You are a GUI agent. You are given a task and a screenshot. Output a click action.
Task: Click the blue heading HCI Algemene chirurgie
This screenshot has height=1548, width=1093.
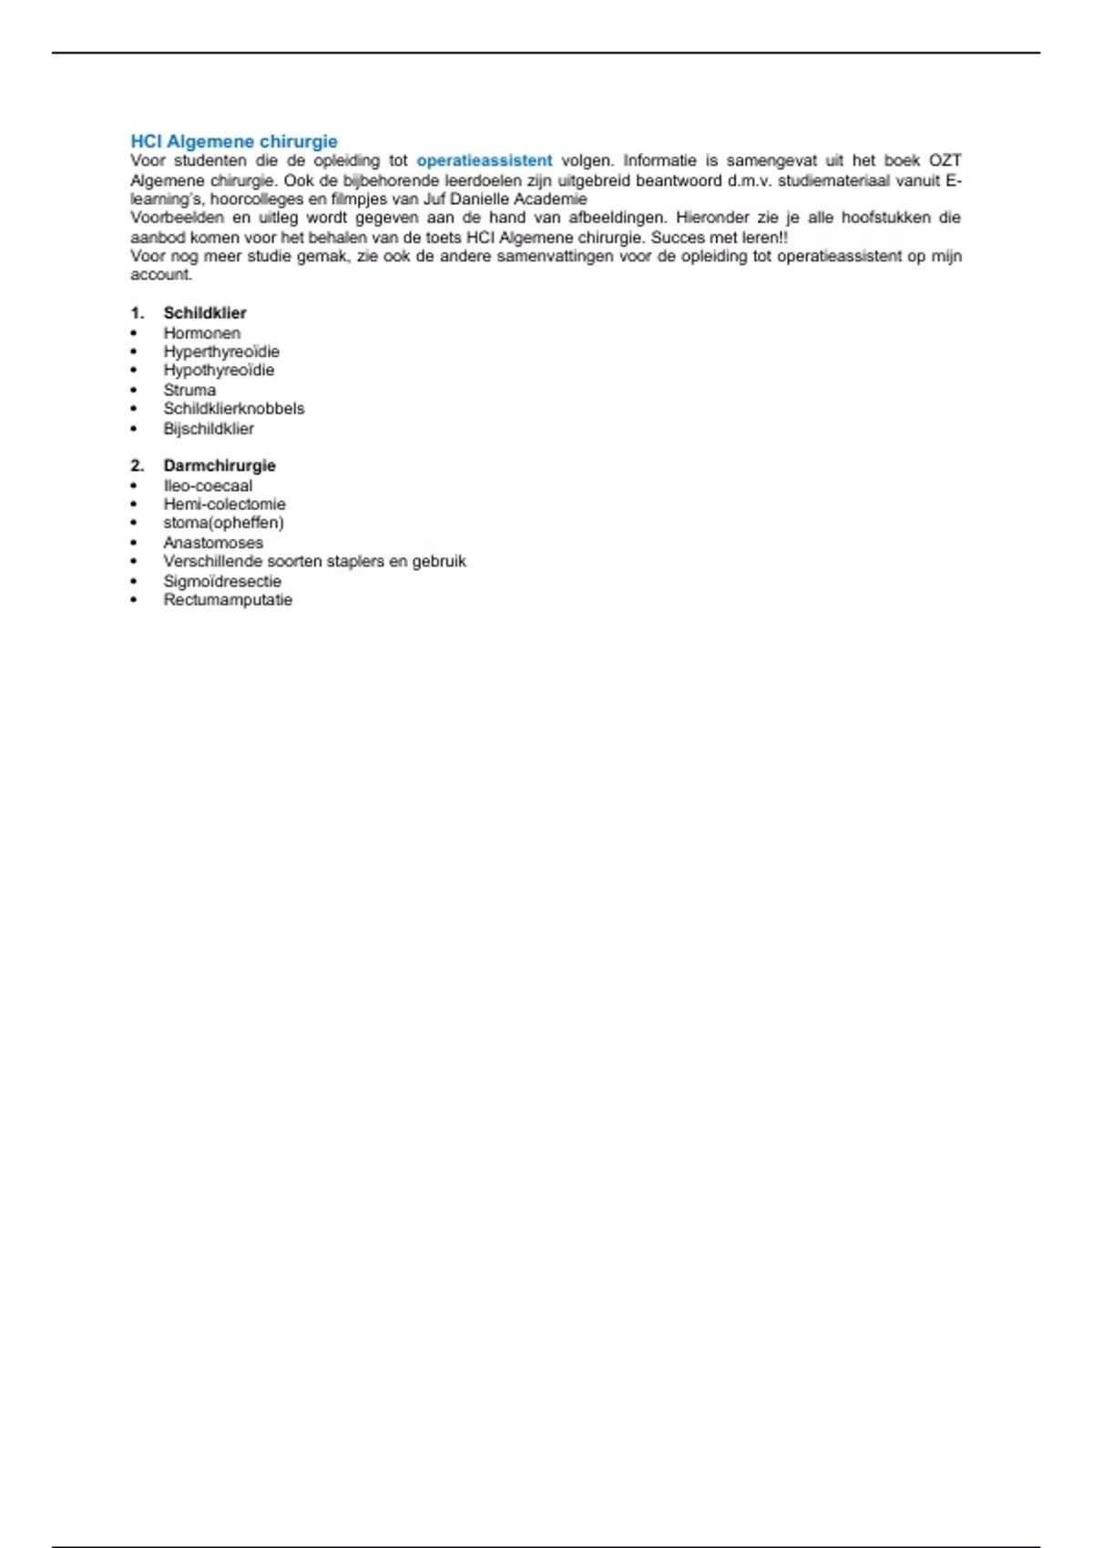coord(234,141)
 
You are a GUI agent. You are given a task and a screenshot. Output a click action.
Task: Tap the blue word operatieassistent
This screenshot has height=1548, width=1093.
coord(485,160)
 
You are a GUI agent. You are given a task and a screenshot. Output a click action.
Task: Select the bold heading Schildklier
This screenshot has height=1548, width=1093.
coord(205,312)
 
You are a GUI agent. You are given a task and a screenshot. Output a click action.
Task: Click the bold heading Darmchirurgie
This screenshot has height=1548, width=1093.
coord(220,465)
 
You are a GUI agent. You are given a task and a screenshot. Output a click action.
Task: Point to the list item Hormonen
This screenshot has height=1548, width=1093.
coord(202,332)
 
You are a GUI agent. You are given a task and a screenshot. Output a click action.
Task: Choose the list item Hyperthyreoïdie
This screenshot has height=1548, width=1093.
coord(221,351)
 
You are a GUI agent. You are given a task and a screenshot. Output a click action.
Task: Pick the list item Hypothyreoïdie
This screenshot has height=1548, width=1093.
coord(219,370)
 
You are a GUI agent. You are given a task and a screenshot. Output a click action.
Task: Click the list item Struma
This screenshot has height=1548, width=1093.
coord(189,390)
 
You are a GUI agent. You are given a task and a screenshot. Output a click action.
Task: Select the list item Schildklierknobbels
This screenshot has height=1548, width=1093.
coord(234,408)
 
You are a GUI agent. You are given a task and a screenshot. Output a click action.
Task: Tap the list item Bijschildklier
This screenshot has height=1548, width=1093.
coord(209,428)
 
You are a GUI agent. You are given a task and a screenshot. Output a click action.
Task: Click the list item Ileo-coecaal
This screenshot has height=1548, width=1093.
coord(208,485)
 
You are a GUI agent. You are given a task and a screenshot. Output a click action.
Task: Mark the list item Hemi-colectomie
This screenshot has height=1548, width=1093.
coord(224,504)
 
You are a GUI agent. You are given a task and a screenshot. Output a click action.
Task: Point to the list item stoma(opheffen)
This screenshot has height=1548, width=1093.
coord(223,523)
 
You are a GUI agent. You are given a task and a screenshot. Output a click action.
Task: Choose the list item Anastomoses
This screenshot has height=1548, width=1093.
coord(213,543)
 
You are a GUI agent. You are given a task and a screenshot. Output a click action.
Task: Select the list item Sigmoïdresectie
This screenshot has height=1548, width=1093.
coord(222,581)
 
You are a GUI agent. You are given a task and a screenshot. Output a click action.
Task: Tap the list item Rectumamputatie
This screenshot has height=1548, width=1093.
coord(228,599)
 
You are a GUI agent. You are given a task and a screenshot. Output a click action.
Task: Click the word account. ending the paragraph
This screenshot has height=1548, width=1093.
coord(161,274)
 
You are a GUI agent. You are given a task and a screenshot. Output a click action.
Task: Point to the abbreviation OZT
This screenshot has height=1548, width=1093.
coord(945,160)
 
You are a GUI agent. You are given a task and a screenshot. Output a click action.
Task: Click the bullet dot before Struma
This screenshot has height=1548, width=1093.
coord(134,390)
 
